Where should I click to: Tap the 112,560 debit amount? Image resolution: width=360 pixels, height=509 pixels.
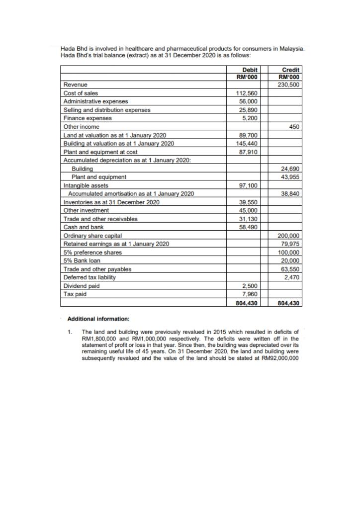(x=247, y=93)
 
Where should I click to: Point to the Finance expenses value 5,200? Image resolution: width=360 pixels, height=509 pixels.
(x=249, y=118)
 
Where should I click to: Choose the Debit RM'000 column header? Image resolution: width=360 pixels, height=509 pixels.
(x=247, y=73)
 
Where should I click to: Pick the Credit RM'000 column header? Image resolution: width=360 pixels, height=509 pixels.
(x=289, y=73)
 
